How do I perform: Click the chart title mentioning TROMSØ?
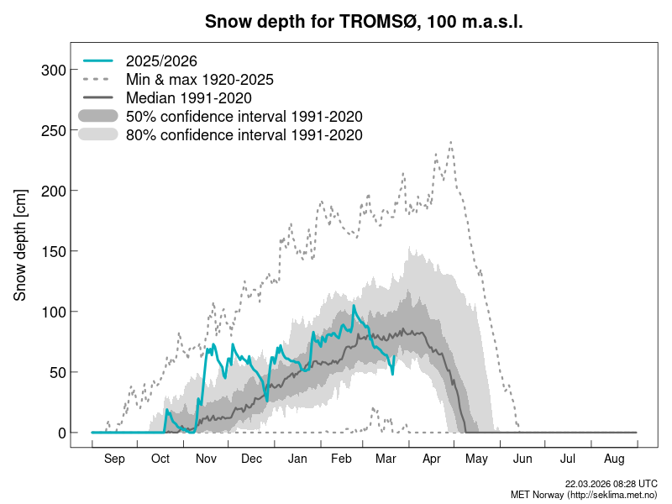pos(364,22)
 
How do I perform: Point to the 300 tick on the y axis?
pos(53,70)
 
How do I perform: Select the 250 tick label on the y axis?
pos(53,130)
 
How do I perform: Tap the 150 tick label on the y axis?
pos(53,251)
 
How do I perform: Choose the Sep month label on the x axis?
pos(114,459)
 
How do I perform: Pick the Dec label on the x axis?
pos(251,459)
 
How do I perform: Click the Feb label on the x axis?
pos(342,459)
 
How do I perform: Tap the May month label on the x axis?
pos(477,459)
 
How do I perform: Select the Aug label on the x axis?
pos(614,459)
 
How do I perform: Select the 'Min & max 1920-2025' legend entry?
pos(199,80)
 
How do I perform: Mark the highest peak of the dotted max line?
pos(451,142)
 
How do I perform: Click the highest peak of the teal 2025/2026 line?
pos(354,307)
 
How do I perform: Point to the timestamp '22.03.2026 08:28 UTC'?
pos(611,484)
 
